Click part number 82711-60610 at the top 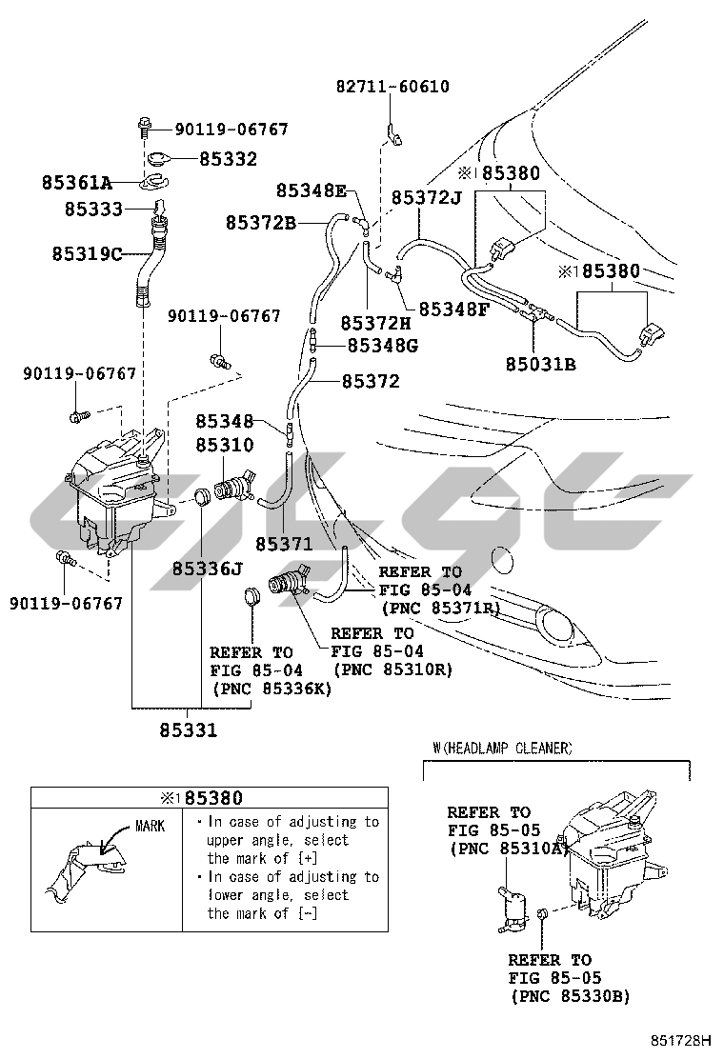click(x=392, y=87)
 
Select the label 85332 click(x=228, y=158)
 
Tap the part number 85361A click(x=76, y=181)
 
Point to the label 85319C click(x=89, y=254)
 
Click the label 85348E click(x=311, y=190)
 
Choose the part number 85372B click(x=261, y=223)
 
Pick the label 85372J click(x=426, y=197)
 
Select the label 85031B click(x=540, y=363)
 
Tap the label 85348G click(x=383, y=346)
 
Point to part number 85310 click(x=225, y=445)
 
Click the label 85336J click(x=208, y=569)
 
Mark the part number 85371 click(x=284, y=544)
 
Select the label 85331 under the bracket click(x=188, y=730)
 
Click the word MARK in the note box click(x=150, y=826)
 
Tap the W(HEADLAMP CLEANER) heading click(x=503, y=749)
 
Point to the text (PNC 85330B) click(x=570, y=996)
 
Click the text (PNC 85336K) click(x=271, y=689)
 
